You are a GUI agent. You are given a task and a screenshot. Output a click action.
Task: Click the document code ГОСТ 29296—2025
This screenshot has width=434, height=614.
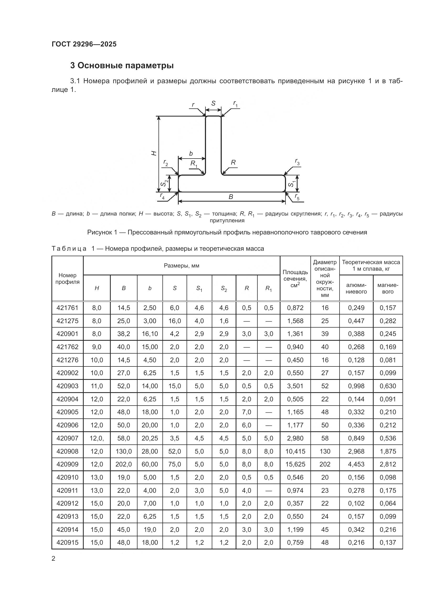84,44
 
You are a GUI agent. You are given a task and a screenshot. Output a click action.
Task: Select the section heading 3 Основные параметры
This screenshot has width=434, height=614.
122,66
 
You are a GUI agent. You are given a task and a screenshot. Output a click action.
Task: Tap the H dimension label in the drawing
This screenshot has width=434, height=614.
154,153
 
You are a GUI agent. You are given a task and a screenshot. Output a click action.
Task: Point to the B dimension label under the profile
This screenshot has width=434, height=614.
231,197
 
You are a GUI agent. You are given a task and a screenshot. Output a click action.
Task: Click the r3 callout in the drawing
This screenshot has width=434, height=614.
297,161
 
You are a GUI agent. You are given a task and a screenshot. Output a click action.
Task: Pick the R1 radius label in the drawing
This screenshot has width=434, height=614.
194,164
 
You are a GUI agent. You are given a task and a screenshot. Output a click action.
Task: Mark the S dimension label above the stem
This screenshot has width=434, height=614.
213,103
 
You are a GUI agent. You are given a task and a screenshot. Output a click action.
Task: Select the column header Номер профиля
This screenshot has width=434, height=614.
67,278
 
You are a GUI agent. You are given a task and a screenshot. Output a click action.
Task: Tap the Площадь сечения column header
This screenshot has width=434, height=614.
295,278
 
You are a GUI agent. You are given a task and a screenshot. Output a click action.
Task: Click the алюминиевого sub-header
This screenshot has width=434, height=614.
356,288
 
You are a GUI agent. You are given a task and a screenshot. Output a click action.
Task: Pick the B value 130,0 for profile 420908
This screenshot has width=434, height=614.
124,451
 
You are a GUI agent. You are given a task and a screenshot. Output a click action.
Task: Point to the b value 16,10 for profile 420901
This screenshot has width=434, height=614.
150,334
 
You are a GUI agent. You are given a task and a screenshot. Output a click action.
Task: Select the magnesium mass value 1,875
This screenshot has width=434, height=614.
388,451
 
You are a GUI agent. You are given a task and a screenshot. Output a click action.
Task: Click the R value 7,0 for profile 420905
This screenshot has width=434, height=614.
246,412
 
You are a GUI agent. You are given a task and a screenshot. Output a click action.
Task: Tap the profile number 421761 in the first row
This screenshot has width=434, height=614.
67,308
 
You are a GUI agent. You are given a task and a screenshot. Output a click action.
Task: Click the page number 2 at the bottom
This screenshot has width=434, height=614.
54,559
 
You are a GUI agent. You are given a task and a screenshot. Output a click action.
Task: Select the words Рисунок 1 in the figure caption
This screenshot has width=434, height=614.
102,232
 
